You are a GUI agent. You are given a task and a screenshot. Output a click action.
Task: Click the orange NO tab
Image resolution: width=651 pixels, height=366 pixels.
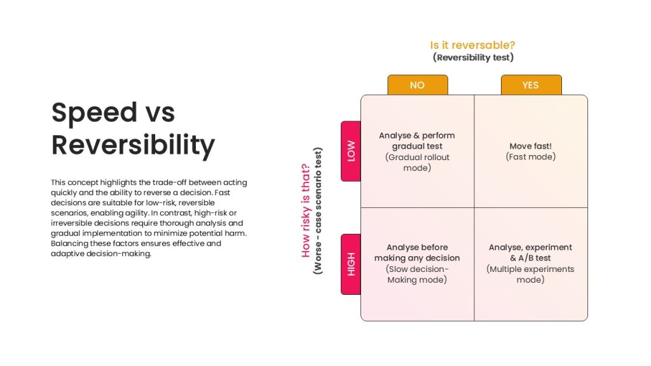[418, 85]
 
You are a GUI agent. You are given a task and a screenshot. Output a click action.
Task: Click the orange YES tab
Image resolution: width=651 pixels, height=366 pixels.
[531, 85]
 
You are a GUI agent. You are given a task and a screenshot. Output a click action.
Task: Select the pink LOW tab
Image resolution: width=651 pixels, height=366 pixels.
[351, 151]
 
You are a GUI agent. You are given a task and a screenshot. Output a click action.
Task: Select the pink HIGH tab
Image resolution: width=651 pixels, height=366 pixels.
[351, 264]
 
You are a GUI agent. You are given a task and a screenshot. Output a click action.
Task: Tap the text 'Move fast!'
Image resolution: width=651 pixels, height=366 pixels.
[531, 146]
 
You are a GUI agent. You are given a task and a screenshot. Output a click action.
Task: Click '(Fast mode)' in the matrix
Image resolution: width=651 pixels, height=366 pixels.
[531, 157]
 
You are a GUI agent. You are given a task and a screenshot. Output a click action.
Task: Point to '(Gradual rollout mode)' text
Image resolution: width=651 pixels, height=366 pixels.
[417, 163]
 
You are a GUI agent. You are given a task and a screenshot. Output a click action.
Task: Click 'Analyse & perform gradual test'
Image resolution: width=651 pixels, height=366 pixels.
[417, 140]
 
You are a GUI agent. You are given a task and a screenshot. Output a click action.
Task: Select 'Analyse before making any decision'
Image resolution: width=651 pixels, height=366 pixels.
[417, 253]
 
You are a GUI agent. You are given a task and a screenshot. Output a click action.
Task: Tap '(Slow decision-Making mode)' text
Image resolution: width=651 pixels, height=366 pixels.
[417, 274]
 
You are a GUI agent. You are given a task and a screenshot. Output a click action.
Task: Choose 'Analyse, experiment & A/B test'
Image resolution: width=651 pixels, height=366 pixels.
[531, 253]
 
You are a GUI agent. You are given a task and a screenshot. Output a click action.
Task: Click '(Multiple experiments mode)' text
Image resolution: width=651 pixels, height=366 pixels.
[531, 274]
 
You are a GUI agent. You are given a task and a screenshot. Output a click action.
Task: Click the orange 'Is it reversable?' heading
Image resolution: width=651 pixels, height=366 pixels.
[472, 45]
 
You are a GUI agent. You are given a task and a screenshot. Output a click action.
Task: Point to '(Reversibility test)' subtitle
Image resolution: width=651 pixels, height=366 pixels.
[473, 57]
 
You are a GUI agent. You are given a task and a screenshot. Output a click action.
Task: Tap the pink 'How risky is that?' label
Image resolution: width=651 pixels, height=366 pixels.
[306, 210]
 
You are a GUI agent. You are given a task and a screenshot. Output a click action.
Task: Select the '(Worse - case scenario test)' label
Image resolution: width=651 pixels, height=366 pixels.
[318, 211]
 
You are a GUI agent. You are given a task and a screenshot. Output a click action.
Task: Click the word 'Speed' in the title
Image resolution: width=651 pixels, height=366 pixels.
[94, 113]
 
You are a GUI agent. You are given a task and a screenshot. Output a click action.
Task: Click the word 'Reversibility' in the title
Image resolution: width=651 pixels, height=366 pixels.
[134, 146]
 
